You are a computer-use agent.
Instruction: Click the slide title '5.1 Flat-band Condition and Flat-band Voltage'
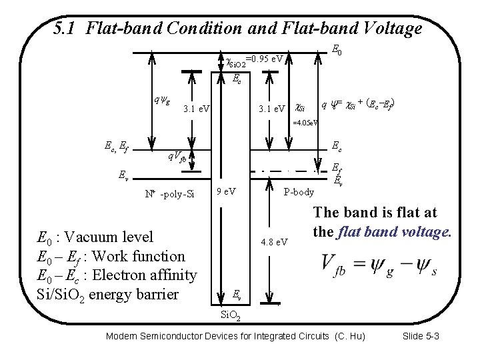237,29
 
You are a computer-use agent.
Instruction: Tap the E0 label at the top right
337,49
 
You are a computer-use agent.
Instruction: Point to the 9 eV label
226,192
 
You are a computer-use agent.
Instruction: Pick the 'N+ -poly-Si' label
169,194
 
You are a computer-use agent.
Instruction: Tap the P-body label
298,192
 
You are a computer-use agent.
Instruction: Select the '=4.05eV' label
305,122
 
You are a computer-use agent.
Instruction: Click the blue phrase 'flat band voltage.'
394,233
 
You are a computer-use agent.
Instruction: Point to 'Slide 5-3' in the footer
421,335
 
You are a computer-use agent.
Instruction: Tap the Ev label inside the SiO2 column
237,294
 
